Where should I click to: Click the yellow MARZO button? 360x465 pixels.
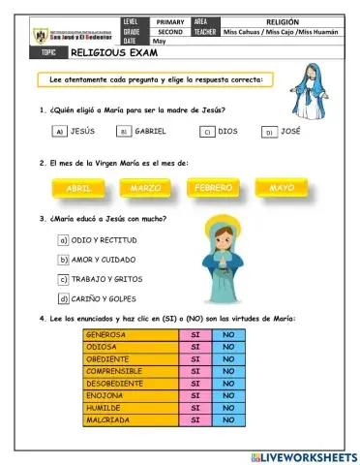(145, 187)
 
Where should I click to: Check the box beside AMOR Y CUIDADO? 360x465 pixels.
(63, 260)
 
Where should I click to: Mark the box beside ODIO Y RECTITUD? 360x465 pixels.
(63, 239)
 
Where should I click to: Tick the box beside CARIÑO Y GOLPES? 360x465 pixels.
(63, 299)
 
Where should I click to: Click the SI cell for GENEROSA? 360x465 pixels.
(195, 335)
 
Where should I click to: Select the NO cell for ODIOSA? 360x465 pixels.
(229, 347)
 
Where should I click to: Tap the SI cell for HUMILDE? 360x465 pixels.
(195, 408)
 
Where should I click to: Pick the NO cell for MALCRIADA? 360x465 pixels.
(229, 420)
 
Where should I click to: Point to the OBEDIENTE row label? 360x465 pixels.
(116, 359)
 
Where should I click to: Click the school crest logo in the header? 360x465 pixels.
(40, 37)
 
